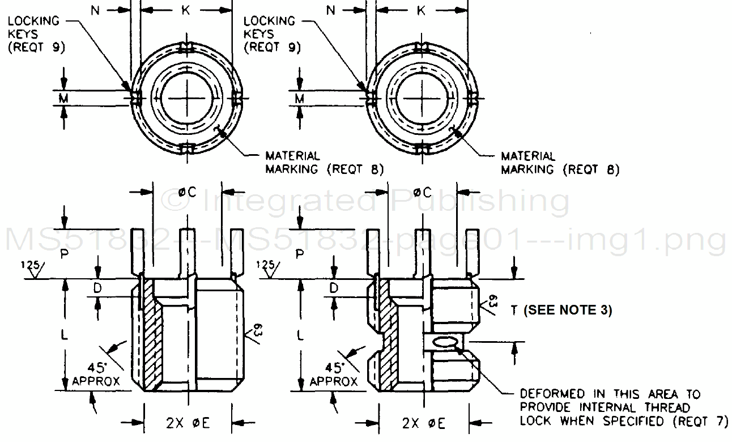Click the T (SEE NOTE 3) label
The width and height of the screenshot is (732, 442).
click(x=561, y=310)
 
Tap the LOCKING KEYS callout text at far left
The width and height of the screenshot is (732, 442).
click(x=36, y=35)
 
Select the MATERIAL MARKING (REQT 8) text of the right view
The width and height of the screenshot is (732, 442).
click(x=560, y=163)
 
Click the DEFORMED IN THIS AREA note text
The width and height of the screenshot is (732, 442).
click(x=624, y=407)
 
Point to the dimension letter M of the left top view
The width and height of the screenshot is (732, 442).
click(x=63, y=98)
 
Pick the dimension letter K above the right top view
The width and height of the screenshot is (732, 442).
click(x=421, y=11)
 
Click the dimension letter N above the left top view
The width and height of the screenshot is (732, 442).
click(x=95, y=11)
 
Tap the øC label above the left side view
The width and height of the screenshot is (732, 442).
click(x=188, y=192)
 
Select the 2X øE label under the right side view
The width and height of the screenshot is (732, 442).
click(x=424, y=424)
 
